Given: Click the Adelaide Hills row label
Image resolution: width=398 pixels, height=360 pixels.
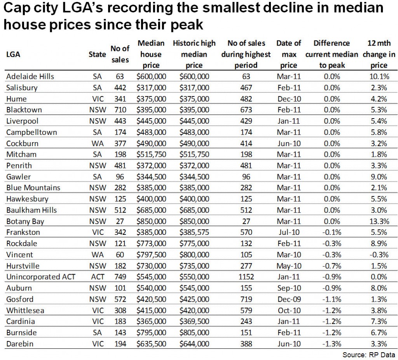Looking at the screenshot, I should tap(30, 76).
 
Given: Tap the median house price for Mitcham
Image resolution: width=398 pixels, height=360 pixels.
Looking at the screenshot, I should tap(151, 154).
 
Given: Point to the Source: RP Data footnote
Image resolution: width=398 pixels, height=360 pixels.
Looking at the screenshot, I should tap(368, 355).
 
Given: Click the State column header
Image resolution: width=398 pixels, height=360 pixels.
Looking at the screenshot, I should tap(97, 54).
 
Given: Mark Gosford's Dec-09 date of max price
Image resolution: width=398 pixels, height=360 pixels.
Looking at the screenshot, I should tap(288, 299).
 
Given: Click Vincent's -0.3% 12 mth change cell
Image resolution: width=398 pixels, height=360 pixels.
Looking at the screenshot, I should tap(378, 255).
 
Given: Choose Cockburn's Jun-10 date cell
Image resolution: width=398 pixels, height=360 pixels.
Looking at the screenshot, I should tap(288, 143).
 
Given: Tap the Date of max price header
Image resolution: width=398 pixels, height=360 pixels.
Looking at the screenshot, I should tap(288, 54).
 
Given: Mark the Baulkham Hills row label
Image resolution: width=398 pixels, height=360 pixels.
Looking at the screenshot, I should tap(31, 210).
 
